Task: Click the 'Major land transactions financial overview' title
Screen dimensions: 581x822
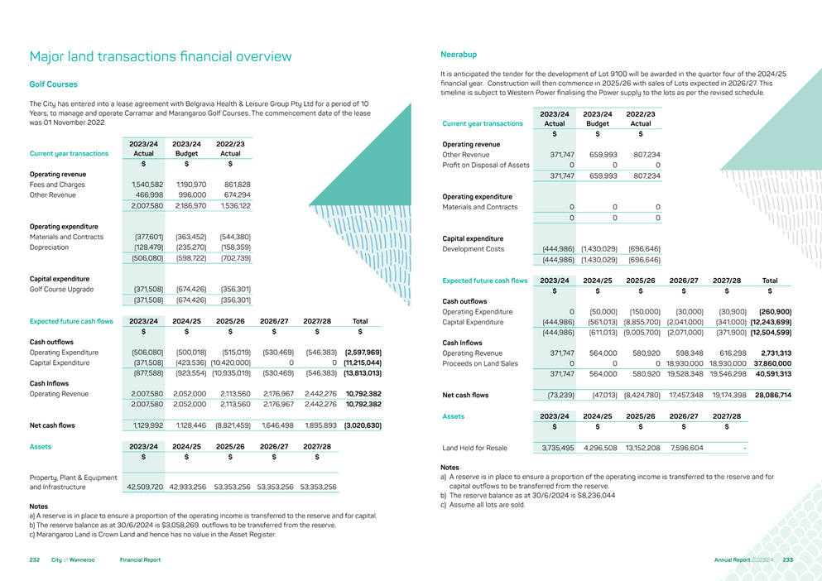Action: [x=160, y=57]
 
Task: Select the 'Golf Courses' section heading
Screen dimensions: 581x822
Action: [x=53, y=84]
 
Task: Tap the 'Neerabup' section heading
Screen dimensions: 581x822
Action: [x=459, y=55]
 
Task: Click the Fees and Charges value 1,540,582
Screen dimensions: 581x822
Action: [x=146, y=185]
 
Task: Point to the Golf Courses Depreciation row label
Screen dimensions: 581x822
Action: [x=51, y=247]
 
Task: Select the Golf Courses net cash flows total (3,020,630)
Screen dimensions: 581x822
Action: [x=362, y=425]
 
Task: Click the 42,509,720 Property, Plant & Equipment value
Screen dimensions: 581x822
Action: [x=143, y=487]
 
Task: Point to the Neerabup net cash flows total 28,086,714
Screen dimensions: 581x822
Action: [x=773, y=395]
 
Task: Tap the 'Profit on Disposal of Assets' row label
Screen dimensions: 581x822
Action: [x=486, y=166]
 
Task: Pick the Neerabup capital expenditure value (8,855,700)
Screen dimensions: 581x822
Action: [x=641, y=322]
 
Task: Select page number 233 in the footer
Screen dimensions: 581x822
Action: [x=787, y=560]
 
